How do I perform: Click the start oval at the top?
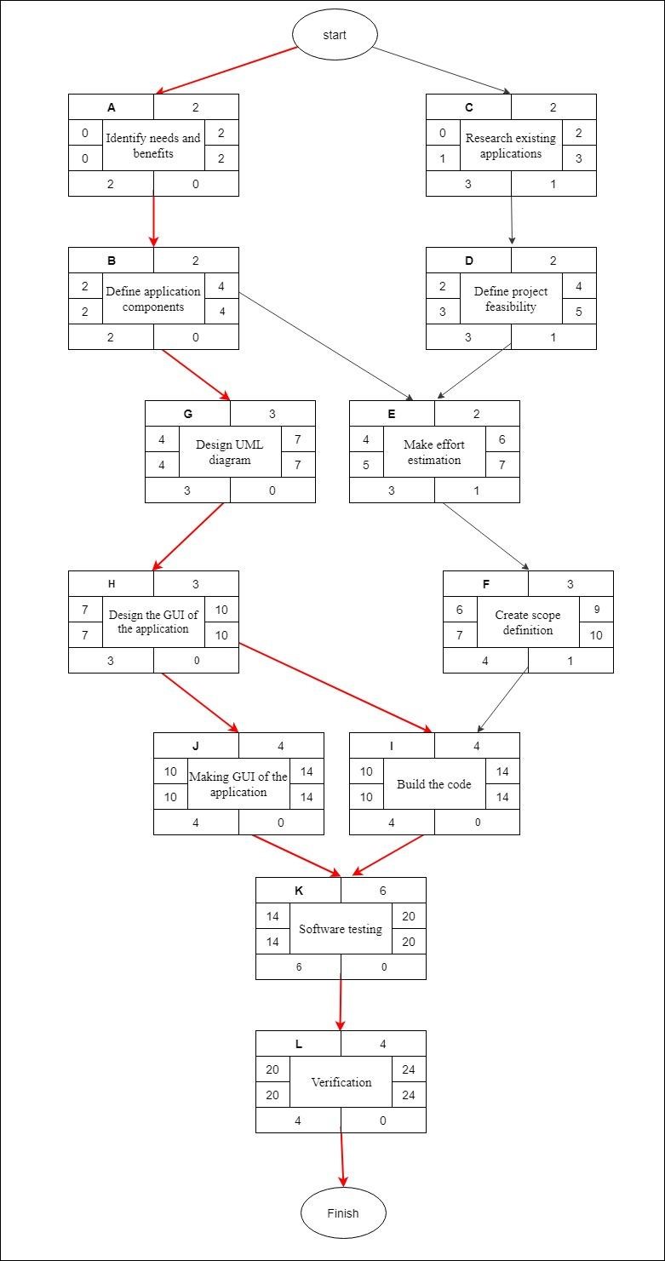(x=335, y=35)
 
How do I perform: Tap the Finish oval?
(x=342, y=1212)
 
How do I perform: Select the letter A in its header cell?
(x=111, y=107)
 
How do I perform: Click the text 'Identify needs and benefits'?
(x=153, y=146)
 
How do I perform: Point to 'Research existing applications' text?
(x=511, y=146)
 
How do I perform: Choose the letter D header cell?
(x=468, y=261)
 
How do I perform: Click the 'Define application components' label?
(x=153, y=299)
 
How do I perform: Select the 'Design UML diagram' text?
(x=230, y=452)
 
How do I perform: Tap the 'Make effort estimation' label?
(x=434, y=452)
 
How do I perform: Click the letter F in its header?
(x=485, y=584)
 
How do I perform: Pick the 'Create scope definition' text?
(x=528, y=622)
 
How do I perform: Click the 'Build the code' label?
(x=434, y=784)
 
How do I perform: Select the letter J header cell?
(x=196, y=746)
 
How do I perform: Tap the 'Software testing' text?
(x=341, y=929)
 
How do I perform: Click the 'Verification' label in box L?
(x=341, y=1082)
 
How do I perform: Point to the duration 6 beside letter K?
(x=383, y=891)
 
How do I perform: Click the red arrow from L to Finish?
(x=342, y=1158)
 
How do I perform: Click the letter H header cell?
(x=111, y=584)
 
